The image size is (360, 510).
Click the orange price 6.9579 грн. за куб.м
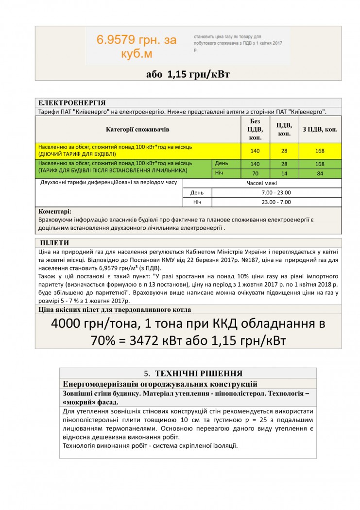tap(137, 47)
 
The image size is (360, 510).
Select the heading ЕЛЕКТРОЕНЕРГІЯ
tap(72, 103)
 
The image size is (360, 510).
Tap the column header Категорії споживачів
tap(138, 130)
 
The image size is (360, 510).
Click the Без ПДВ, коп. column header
tap(255, 129)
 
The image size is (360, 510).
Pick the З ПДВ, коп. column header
tap(320, 130)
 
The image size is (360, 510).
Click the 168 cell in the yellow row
tap(320, 151)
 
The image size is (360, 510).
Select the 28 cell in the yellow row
tap(284, 151)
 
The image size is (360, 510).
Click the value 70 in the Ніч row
tap(255, 173)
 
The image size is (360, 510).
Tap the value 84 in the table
tap(320, 173)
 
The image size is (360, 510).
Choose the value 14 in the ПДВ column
tap(284, 173)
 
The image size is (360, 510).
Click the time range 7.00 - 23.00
tap(276, 192)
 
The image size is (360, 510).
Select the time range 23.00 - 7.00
tap(276, 202)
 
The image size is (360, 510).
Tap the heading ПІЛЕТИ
tap(55, 243)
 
